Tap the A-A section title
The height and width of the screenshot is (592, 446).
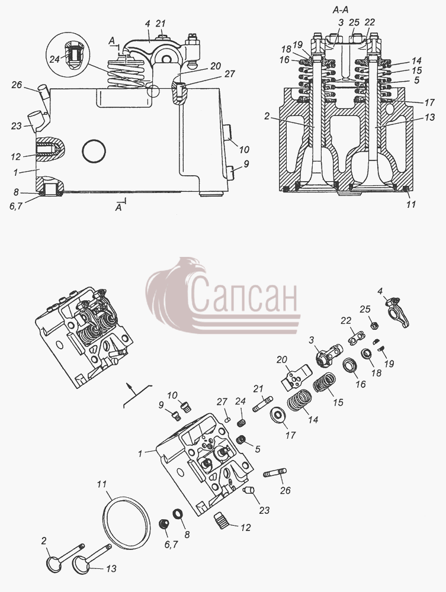coord(340,10)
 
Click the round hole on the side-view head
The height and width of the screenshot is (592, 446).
coord(94,152)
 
